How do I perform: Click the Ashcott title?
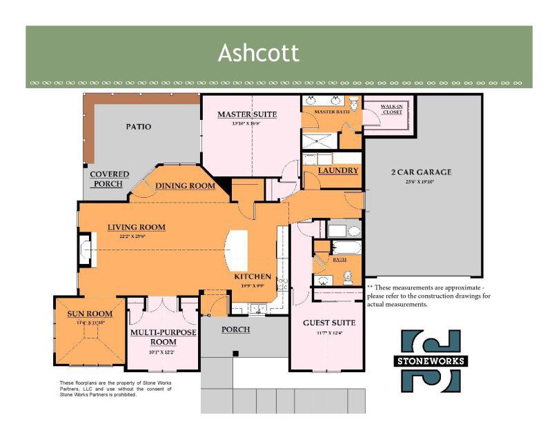pyautogui.click(x=259, y=53)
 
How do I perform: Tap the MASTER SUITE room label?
pyautogui.click(x=247, y=114)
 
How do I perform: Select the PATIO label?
pyautogui.click(x=138, y=127)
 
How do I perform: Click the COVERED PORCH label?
pyautogui.click(x=110, y=179)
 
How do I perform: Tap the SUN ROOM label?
pyautogui.click(x=90, y=314)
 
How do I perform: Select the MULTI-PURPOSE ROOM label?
pyautogui.click(x=164, y=337)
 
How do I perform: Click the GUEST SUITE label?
pyautogui.click(x=329, y=323)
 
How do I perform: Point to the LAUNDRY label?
pyautogui.click(x=338, y=170)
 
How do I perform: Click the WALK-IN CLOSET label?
pyautogui.click(x=392, y=109)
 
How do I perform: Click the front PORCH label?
pyautogui.click(x=235, y=329)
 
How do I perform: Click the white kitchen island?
pyautogui.click(x=237, y=250)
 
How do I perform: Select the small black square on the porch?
pyautogui.click(x=235, y=354)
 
